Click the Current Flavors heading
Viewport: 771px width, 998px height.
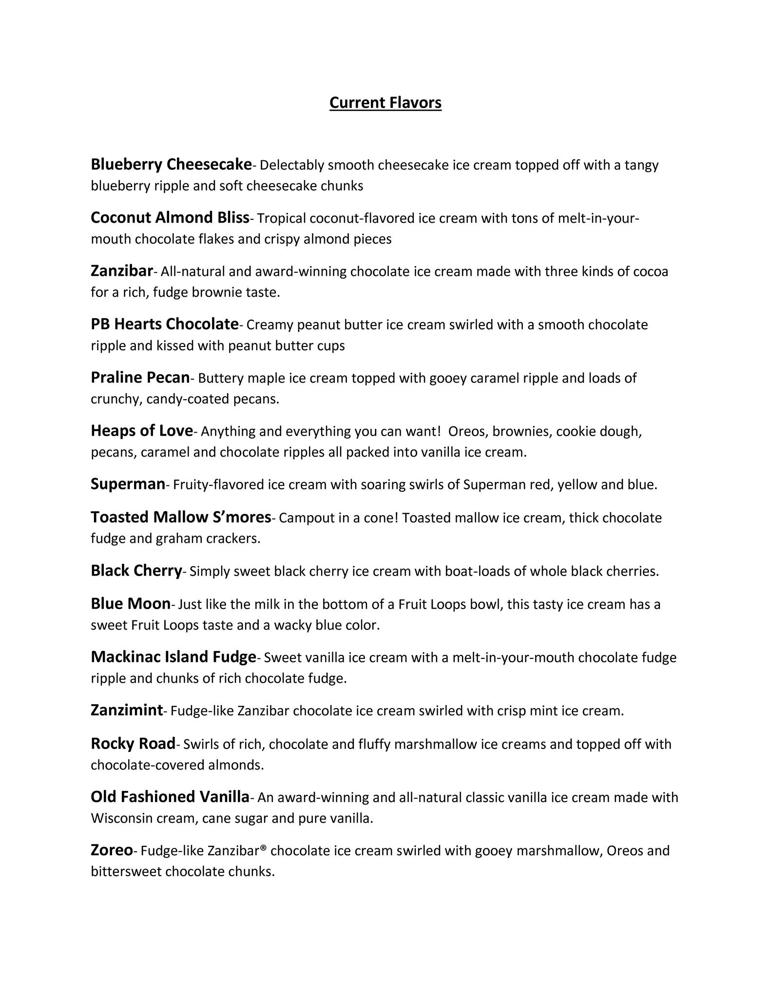(x=385, y=103)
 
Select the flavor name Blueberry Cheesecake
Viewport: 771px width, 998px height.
(x=171, y=165)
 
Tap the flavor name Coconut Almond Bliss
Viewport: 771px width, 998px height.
(x=170, y=218)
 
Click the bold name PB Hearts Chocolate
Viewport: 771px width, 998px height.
(x=164, y=324)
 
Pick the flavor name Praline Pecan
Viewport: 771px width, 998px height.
(x=140, y=378)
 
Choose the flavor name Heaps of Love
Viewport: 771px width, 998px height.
(x=142, y=431)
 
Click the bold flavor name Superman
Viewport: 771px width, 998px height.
(x=128, y=484)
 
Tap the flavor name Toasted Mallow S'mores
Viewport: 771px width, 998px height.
(x=180, y=517)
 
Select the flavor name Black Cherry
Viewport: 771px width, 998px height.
(x=136, y=571)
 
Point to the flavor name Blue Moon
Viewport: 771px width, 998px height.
(x=130, y=604)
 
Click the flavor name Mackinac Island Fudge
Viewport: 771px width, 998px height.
(x=173, y=657)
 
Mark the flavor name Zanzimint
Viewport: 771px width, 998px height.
(x=127, y=710)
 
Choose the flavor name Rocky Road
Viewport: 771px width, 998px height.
(x=133, y=744)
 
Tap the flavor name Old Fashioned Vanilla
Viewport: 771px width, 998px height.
(x=170, y=797)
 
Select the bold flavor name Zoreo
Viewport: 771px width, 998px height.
(x=112, y=850)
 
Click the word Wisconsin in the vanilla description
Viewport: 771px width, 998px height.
(x=121, y=818)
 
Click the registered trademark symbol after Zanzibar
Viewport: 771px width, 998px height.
(x=264, y=848)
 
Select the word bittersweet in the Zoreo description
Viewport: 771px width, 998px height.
(x=126, y=871)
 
